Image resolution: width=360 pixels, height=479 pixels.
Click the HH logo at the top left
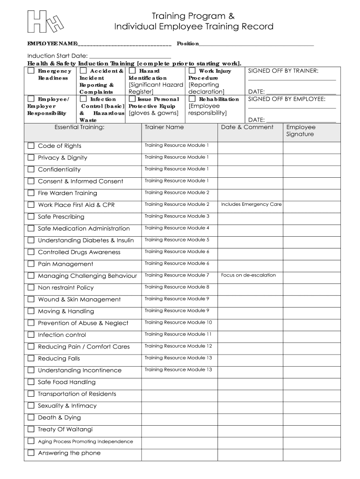(45, 22)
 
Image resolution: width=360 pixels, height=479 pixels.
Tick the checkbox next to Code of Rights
(31, 146)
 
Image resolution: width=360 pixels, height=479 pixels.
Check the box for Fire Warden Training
(31, 193)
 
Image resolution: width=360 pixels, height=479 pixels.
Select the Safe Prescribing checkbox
(31, 217)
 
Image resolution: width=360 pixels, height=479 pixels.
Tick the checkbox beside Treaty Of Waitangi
(31, 429)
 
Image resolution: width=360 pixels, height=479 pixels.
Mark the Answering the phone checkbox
(31, 453)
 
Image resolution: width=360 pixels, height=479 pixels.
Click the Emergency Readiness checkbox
(31, 71)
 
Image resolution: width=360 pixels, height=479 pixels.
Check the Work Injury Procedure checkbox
(192, 71)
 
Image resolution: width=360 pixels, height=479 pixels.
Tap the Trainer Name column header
(164, 127)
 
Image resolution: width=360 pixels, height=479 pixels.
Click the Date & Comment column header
(247, 127)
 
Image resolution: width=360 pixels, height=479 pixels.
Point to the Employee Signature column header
(301, 131)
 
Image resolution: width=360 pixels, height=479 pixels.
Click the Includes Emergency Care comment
(251, 204)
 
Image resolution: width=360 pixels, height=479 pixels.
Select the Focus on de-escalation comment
(248, 275)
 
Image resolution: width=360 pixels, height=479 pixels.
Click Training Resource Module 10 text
(178, 322)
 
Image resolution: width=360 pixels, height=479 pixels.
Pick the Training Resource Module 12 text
(178, 346)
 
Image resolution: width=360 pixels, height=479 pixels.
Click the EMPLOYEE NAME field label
(52, 44)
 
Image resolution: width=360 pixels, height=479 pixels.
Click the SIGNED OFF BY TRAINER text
(283, 71)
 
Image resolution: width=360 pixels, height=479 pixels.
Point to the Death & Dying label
(59, 418)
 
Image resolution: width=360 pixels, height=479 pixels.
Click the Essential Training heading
(79, 127)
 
